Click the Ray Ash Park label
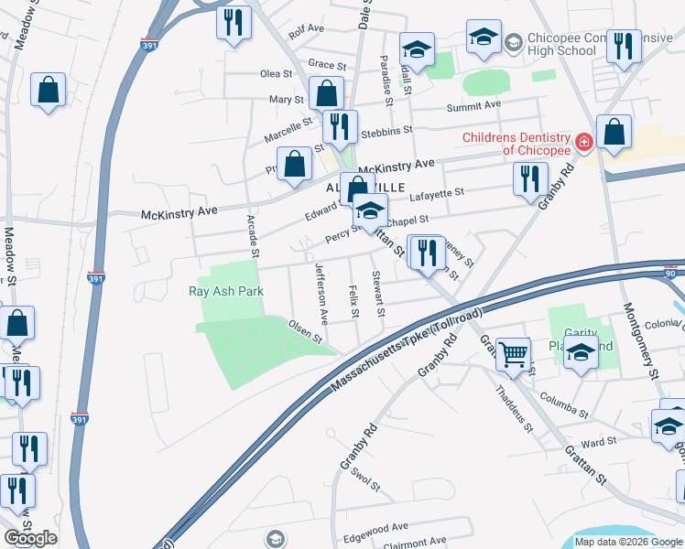point(226,292)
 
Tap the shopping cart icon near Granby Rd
point(514,351)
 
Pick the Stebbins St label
point(381,133)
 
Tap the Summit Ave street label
point(473,105)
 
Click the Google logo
point(30,538)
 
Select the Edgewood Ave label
point(375,527)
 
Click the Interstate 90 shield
point(671,273)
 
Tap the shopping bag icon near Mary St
point(327,92)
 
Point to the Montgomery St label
point(642,340)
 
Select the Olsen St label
point(306,330)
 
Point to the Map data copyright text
point(628,542)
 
